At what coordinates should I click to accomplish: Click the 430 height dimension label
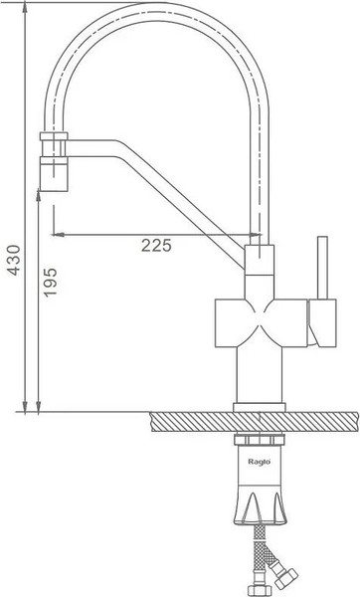[x=14, y=260]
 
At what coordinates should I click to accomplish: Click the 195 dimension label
[x=50, y=283]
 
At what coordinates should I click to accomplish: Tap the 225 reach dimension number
[x=156, y=246]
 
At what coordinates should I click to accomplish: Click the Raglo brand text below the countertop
[x=260, y=462]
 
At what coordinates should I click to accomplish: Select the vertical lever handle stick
[x=322, y=268]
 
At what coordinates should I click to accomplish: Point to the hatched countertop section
[x=255, y=422]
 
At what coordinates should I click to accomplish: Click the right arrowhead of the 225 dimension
[x=255, y=235]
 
